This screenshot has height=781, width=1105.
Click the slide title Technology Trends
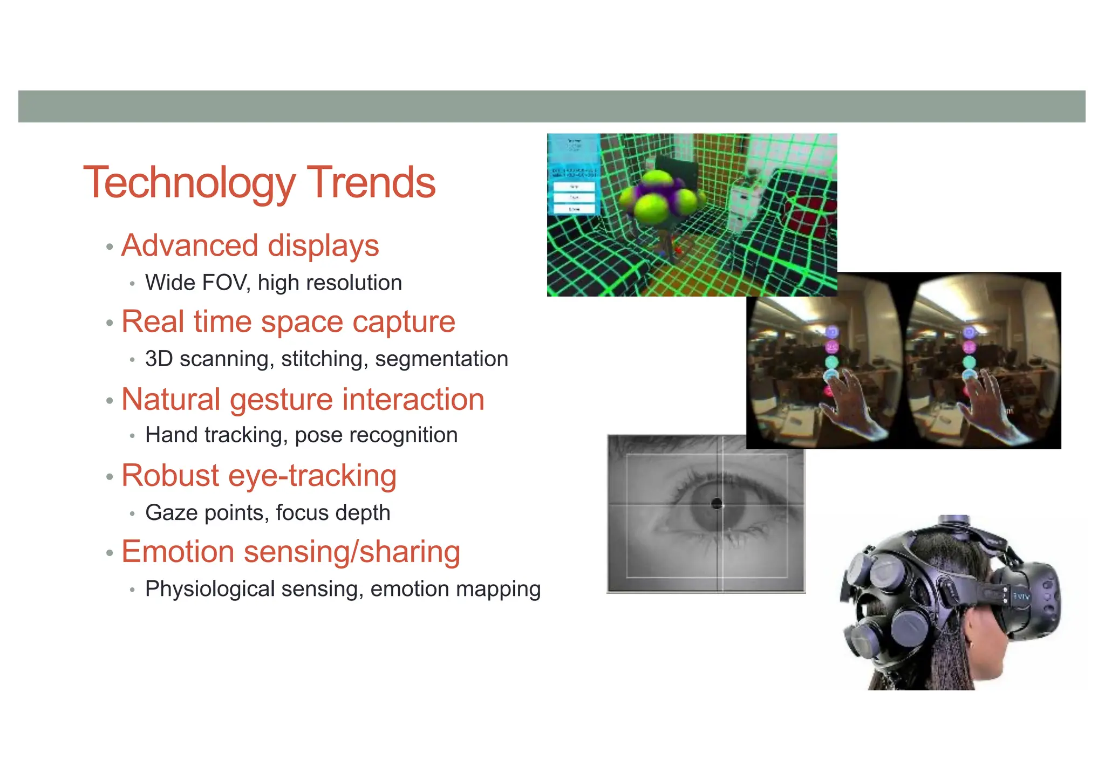tap(259, 183)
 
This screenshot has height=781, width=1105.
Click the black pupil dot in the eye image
tap(717, 504)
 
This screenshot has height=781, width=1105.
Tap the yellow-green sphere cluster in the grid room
tap(660, 197)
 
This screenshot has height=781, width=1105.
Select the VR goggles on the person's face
tap(1028, 599)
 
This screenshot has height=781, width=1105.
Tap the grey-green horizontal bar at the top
tap(551, 106)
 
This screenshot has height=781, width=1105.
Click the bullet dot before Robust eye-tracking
tap(110, 477)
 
